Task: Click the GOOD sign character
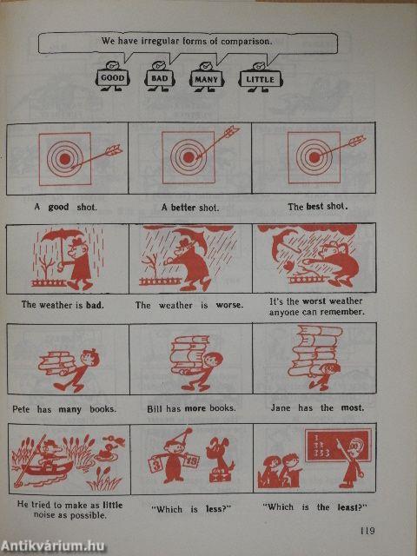(112, 77)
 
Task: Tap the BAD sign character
(159, 77)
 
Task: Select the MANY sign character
(206, 77)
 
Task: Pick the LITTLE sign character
(261, 77)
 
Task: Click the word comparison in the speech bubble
(247, 41)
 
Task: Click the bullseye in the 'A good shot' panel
(65, 159)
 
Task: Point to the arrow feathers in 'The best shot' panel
(357, 141)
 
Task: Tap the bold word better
(183, 208)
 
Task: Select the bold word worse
(229, 305)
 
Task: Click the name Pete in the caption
(22, 409)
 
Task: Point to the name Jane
(281, 407)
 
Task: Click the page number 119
(367, 531)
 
